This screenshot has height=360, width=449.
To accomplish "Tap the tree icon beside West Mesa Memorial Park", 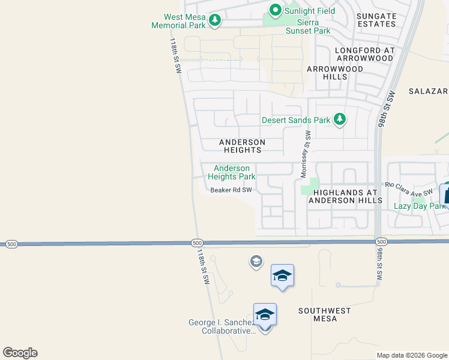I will (x=214, y=21).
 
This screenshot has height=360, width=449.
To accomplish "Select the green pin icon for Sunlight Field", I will (x=276, y=10).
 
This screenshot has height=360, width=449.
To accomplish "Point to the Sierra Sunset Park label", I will (x=308, y=26).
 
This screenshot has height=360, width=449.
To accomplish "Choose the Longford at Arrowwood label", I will (x=364, y=54).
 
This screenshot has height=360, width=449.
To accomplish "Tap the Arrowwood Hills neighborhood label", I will (x=335, y=73).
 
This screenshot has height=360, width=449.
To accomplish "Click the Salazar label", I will (x=429, y=91).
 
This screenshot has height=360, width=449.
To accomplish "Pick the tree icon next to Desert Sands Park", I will (x=340, y=119).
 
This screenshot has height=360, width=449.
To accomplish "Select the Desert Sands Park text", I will (x=296, y=120).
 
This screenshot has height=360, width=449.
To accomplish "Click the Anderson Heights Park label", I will (x=232, y=173).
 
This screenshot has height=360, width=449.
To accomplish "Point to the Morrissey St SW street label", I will (x=306, y=154).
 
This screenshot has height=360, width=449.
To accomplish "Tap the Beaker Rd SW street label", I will (x=231, y=190).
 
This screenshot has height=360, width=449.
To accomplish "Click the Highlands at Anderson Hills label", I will (x=345, y=196).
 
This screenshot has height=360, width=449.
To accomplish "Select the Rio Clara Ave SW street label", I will (x=409, y=188).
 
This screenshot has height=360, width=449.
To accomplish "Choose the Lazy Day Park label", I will (x=420, y=206).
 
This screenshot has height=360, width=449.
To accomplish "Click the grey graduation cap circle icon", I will (x=256, y=262).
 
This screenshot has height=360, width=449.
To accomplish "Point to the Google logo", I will (x=20, y=353).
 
